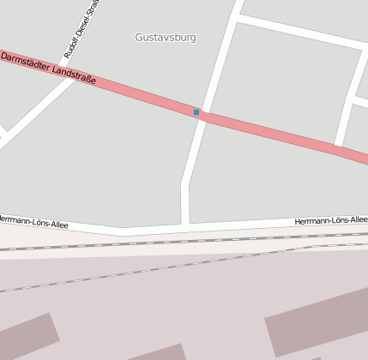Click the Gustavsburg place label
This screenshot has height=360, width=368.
click(x=166, y=38)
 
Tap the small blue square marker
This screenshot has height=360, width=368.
click(x=196, y=112)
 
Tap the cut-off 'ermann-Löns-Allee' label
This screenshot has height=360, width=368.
click(x=33, y=221)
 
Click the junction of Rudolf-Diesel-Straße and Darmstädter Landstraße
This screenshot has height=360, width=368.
click(x=75, y=79)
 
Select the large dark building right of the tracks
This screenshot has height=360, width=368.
click(x=317, y=321)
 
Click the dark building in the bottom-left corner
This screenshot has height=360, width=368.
click(x=26, y=338)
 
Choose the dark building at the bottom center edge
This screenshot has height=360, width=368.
click(x=159, y=352)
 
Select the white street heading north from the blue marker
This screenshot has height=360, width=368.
click(x=220, y=60)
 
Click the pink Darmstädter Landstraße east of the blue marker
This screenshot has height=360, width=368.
click(x=274, y=133)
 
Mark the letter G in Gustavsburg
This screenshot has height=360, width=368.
click(x=139, y=38)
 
